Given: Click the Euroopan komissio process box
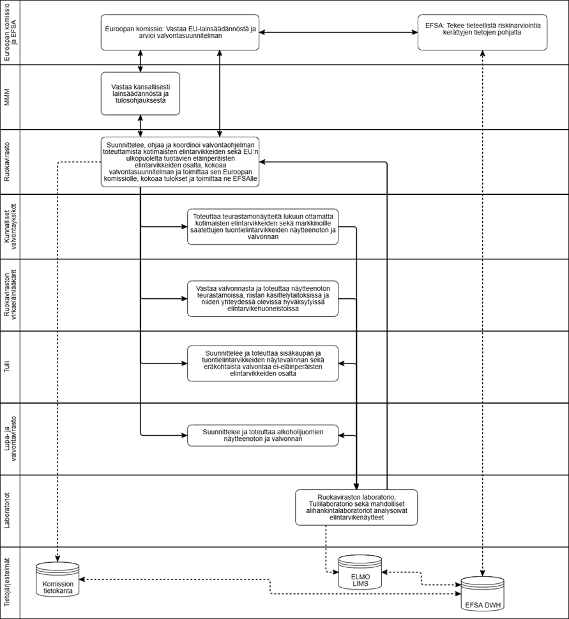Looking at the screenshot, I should (180, 33).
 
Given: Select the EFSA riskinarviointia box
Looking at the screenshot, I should (483, 33).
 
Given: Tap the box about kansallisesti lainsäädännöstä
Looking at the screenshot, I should (140, 93).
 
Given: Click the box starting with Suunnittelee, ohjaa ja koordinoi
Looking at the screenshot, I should (180, 162).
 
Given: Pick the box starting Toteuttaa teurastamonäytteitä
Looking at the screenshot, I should (262, 226).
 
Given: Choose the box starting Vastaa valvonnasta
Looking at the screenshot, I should (262, 298).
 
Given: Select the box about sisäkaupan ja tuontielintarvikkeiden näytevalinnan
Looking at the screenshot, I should (262, 363).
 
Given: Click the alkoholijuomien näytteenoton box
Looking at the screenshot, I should (262, 436).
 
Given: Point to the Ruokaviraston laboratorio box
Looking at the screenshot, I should (356, 507).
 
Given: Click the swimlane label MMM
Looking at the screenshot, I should (10, 96).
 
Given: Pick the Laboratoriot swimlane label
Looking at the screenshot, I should (10, 510).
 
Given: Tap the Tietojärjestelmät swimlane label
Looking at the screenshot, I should (10, 583).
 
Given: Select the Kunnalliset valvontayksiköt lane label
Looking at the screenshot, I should (10, 226).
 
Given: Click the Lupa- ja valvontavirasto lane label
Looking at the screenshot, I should (10, 438).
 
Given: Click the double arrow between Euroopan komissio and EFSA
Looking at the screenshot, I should (338, 33).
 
